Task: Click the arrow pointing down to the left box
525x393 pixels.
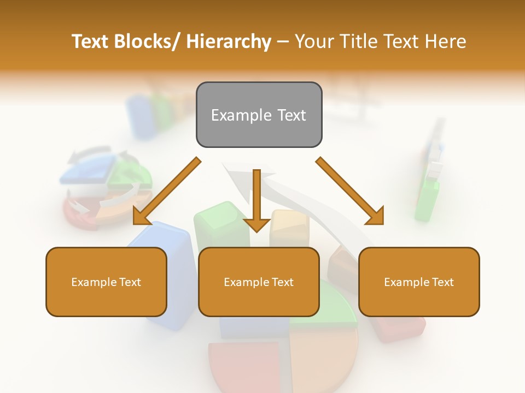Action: click(167, 191)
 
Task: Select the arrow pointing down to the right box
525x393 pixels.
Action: click(350, 191)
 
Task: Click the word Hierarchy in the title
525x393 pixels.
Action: click(229, 41)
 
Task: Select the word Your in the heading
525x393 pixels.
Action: click(313, 41)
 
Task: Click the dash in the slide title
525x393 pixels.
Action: click(283, 41)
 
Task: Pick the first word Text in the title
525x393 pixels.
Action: click(91, 41)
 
